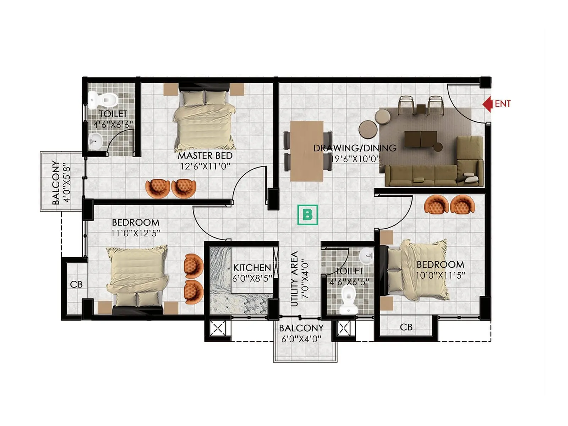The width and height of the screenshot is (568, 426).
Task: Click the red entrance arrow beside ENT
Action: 487,104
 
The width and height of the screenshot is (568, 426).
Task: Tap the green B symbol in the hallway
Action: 307,215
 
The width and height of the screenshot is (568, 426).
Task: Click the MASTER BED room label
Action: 205,156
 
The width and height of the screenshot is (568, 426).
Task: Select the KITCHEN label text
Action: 252,268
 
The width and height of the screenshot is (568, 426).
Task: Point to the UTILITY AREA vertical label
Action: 294,279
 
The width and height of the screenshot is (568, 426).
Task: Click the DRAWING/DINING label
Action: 355,148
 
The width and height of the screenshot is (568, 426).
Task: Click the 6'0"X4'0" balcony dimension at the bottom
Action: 301,339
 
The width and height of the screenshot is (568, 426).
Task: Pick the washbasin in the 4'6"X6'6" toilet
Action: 95,141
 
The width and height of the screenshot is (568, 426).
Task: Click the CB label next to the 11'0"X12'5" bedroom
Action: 76,285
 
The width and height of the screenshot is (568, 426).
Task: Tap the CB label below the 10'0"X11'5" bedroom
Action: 406,327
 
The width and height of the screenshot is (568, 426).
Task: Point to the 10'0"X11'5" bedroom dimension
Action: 440,275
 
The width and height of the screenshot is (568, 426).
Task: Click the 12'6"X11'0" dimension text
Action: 205,166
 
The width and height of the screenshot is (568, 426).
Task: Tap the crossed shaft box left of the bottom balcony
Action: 218,328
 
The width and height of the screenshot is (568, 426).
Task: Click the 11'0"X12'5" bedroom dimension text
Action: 136,233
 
